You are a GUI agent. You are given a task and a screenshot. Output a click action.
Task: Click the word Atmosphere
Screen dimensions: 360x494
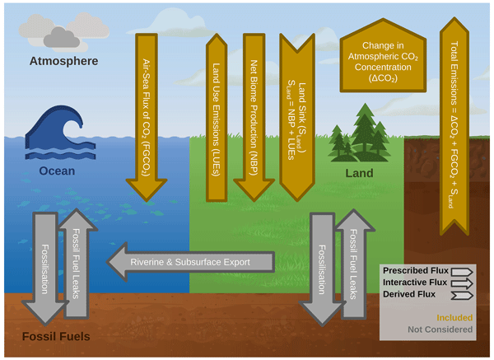click(63, 62)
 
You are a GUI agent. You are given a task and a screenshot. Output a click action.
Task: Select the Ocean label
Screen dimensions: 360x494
click(58, 172)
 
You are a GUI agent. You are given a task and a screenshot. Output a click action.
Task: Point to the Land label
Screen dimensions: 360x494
click(359, 173)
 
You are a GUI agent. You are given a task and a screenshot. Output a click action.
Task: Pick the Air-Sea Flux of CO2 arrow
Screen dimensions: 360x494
click(149, 107)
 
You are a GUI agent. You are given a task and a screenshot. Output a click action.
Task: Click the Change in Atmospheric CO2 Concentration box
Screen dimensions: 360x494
click(383, 58)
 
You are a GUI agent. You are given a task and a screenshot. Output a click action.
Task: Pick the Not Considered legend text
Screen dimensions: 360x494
click(443, 329)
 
